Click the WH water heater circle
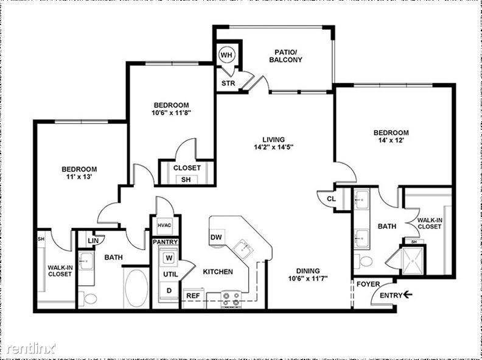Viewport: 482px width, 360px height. coord(226,55)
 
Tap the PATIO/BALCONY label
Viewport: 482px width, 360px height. coord(285,56)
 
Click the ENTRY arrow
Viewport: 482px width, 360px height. coord(407,295)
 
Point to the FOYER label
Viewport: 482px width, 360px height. coord(368,284)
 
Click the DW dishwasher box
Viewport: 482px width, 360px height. coord(216,237)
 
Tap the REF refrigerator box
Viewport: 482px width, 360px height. coord(193,295)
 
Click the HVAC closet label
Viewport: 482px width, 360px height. coord(165,225)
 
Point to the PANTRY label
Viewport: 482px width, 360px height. coord(165,242)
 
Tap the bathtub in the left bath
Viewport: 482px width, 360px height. coord(136,288)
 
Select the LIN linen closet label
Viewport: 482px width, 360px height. coord(93,241)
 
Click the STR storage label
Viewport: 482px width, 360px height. coord(228,83)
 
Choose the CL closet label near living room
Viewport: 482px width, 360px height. coord(331,198)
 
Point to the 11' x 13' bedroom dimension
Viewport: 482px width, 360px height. coord(79,177)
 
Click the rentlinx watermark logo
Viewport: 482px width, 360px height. coord(30,348)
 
